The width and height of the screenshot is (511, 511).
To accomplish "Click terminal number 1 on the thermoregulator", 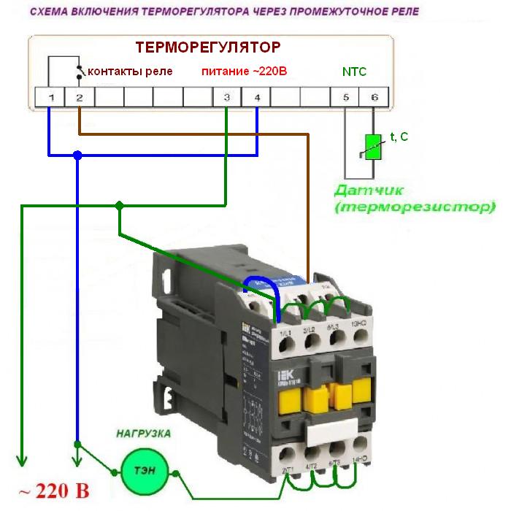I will pyautogui.click(x=50, y=97).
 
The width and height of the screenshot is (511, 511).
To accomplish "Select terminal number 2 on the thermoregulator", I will pyautogui.click(x=79, y=97).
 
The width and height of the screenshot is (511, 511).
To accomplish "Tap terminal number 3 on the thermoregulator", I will pyautogui.click(x=227, y=97).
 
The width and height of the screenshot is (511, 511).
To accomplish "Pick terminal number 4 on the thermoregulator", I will pyautogui.click(x=257, y=97).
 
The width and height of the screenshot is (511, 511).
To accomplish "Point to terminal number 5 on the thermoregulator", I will pyautogui.click(x=345, y=97).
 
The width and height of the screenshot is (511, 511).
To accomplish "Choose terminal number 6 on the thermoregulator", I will pyautogui.click(x=374, y=97).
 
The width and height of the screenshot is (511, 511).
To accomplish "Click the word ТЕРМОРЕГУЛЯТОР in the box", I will pyautogui.click(x=208, y=48).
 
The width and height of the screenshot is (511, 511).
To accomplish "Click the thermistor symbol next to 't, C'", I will pyautogui.click(x=373, y=146).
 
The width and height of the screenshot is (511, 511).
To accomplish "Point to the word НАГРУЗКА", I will pyautogui.click(x=144, y=434).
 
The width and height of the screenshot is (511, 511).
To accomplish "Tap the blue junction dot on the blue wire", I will pyautogui.click(x=77, y=155).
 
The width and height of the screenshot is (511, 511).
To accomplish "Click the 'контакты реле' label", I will pyautogui.click(x=130, y=72).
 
